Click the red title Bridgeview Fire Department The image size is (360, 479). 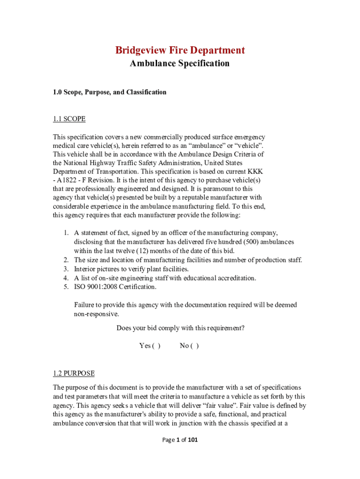[180, 50]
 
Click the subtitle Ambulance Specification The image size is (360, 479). [180, 63]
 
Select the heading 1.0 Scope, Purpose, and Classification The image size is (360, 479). [109, 92]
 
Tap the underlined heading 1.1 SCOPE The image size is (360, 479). [69, 119]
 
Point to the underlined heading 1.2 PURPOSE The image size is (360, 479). [73, 373]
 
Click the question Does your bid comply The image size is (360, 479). [180, 328]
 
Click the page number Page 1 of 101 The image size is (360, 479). [180, 440]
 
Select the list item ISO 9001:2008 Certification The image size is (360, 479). [115, 287]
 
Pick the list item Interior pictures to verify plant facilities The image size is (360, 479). [131, 269]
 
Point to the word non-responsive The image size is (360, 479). [93, 314]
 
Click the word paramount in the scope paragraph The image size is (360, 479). [225, 189]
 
